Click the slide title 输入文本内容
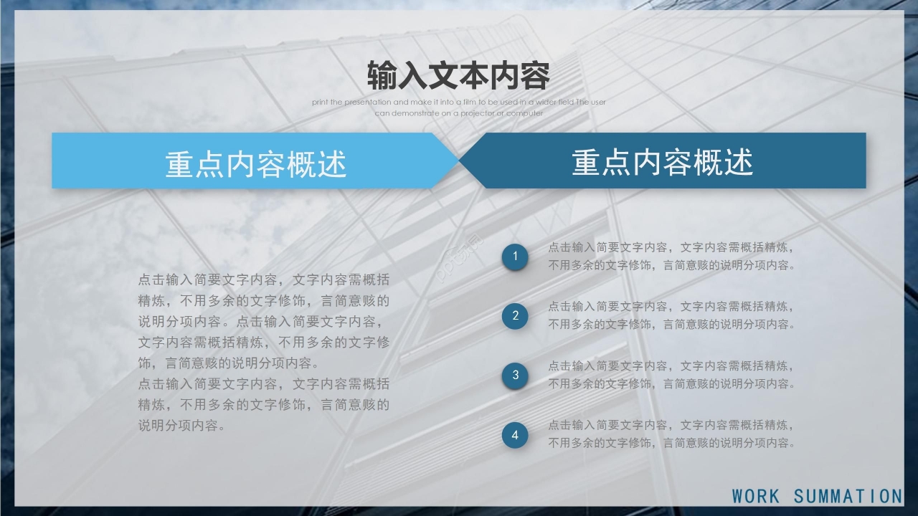(x=458, y=75)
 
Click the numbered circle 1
(x=515, y=257)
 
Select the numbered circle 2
(x=515, y=315)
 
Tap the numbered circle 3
(x=515, y=375)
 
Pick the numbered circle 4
(x=515, y=434)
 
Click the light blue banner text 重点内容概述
(x=256, y=164)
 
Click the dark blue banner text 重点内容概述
(x=662, y=163)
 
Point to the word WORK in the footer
(x=756, y=496)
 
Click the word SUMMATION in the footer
(x=848, y=496)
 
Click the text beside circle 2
(x=671, y=315)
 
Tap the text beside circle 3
(x=671, y=375)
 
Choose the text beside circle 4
(x=671, y=434)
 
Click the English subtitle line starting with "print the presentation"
(x=459, y=102)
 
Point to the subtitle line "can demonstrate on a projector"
(x=459, y=113)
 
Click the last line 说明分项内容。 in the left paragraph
(x=183, y=425)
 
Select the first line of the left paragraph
(x=264, y=279)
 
